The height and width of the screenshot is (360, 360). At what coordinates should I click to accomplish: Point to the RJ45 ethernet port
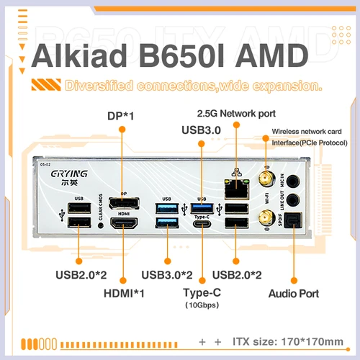coord(235,189)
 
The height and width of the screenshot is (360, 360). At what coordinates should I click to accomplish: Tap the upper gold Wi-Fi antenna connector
coord(264,179)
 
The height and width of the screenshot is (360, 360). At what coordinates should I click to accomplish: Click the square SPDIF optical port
coord(293,222)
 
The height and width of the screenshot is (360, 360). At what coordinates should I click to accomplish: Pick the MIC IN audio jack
coord(293,179)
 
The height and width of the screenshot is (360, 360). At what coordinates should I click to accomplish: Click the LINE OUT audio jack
coord(293,202)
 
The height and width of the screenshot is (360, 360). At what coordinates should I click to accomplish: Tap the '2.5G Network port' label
coord(236,114)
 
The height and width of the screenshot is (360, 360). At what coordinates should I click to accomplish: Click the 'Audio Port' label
coord(293,293)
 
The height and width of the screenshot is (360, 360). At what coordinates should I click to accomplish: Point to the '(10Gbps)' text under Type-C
coord(202,305)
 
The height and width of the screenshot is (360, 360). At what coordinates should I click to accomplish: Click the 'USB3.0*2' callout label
coord(167,274)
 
